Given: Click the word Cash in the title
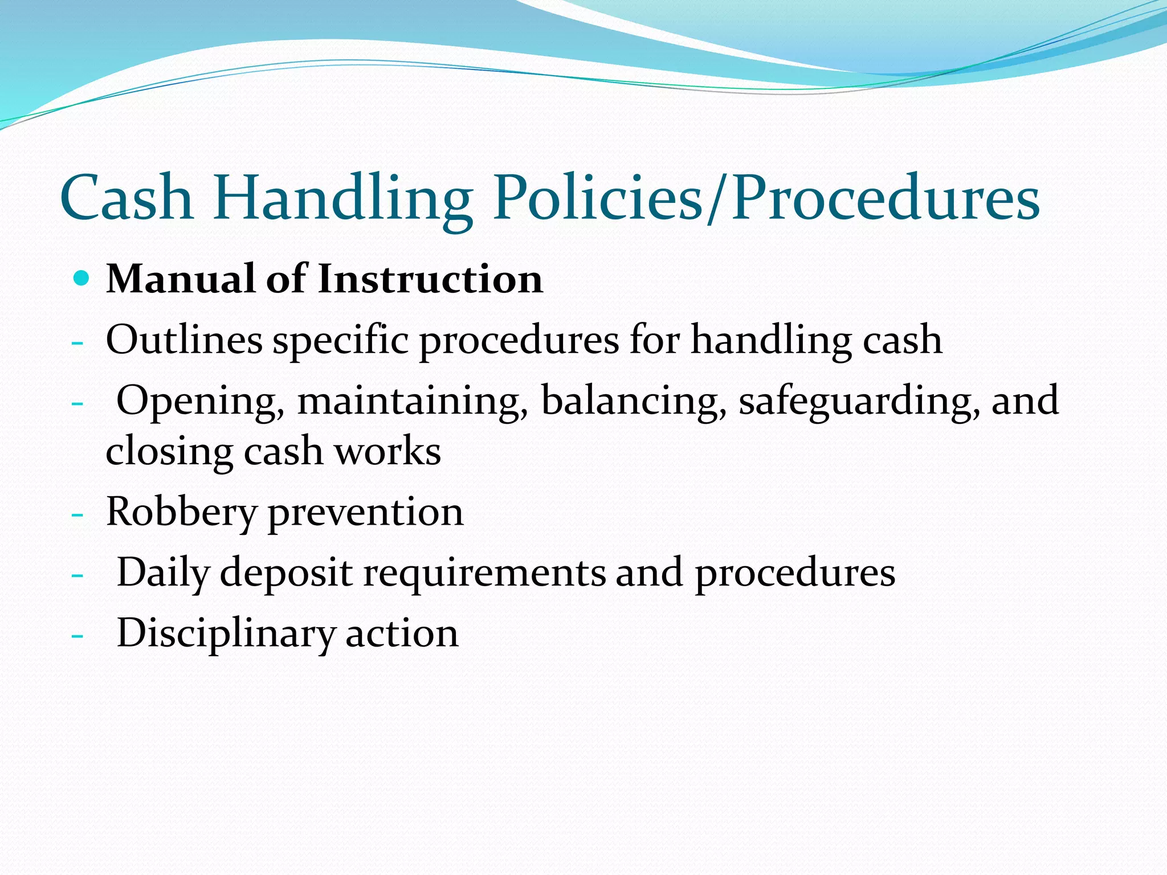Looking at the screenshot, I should [127, 198].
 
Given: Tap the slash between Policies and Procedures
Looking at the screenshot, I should [717, 198].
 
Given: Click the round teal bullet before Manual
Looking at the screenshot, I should [82, 279].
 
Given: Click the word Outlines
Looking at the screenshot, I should [184, 340].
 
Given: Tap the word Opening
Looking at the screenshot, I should [201, 402].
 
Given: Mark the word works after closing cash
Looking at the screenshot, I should [387, 451].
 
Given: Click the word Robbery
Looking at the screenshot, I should [181, 513].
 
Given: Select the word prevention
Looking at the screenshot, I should [365, 513].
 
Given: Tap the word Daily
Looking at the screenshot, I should [163, 573].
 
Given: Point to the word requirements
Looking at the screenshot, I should [485, 573].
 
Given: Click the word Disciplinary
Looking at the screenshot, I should [226, 633].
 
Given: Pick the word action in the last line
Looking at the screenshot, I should [402, 633].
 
